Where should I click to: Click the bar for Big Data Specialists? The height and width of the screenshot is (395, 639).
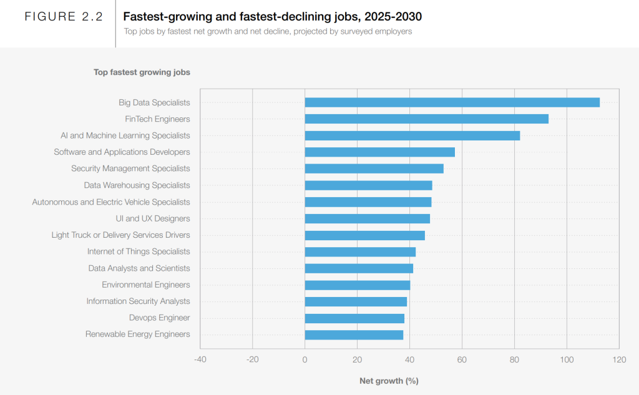[x=452, y=102]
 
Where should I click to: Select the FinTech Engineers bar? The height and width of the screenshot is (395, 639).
[x=426, y=119]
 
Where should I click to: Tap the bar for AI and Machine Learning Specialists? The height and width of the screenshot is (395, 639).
[x=412, y=135]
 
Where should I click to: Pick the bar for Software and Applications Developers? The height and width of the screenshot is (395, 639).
[x=379, y=152]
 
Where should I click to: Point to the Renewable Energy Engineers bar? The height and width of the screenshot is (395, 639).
[x=354, y=334]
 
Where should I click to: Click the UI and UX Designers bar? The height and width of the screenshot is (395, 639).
[x=367, y=218]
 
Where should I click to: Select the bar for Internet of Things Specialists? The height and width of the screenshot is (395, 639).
[x=360, y=251]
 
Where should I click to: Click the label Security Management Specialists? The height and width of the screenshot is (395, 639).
[x=130, y=168]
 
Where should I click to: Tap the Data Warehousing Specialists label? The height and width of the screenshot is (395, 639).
[x=137, y=185]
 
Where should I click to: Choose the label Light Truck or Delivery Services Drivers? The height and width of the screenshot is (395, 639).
[x=120, y=235]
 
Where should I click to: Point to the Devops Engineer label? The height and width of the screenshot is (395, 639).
[x=159, y=318]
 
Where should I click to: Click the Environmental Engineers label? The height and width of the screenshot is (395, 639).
[x=146, y=285]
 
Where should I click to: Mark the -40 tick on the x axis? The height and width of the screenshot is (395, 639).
[x=200, y=359]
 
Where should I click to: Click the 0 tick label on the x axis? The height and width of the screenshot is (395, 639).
[x=305, y=359]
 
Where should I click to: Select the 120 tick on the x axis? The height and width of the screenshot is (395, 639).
[x=619, y=359]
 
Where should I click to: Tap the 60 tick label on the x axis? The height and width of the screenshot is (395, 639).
[x=462, y=359]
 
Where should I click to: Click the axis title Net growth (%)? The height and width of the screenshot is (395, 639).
[x=388, y=381]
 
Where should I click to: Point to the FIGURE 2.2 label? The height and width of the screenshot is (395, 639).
[x=64, y=17]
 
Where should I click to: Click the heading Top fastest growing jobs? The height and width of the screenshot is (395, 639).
[x=142, y=72]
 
